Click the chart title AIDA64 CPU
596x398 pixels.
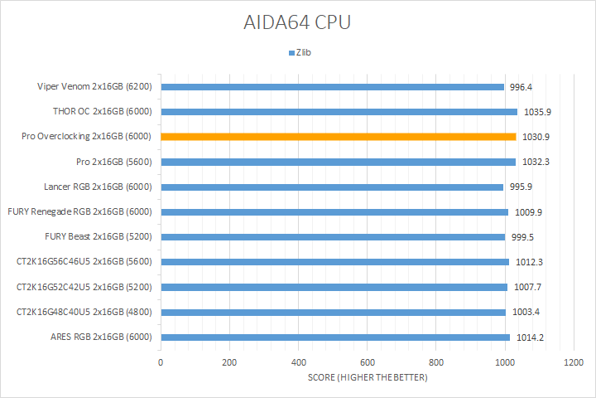pyautogui.click(x=298, y=22)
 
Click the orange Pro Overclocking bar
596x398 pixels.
pyautogui.click(x=338, y=137)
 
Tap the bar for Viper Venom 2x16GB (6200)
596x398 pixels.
pyautogui.click(x=332, y=86)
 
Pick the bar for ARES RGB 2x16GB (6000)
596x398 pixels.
pyautogui.click(x=335, y=337)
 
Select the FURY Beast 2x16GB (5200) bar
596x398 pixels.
pyautogui.click(x=333, y=237)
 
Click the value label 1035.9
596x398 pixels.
pyautogui.click(x=538, y=112)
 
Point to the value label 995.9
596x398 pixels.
pyautogui.click(x=523, y=187)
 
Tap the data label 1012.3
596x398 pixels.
pyautogui.click(x=529, y=263)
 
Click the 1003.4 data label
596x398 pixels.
pyautogui.click(x=526, y=313)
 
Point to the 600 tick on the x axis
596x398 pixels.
pyautogui.click(x=367, y=363)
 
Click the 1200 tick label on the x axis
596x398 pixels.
pyautogui.click(x=573, y=363)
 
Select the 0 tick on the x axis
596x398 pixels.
pyautogui.click(x=161, y=363)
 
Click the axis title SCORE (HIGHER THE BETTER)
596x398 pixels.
pyautogui.click(x=367, y=379)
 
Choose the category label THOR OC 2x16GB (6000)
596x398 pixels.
pyautogui.click(x=103, y=112)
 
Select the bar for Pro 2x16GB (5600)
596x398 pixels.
pyautogui.click(x=338, y=162)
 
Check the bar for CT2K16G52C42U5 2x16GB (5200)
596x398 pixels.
pyautogui.click(x=334, y=288)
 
